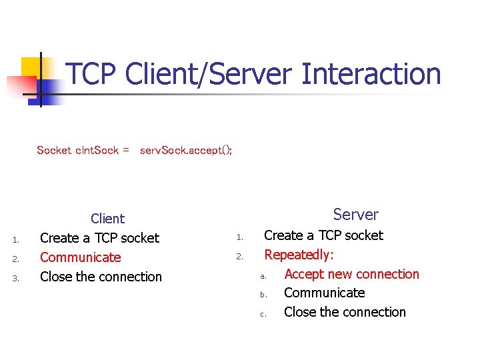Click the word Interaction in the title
point(371,74)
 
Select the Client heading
point(107,219)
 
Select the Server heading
point(355,215)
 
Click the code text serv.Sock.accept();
point(186,150)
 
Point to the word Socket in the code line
point(54,150)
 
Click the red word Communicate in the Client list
point(81,257)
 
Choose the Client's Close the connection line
point(101,277)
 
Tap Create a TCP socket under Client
point(99,238)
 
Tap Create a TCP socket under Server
point(323,235)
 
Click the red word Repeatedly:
point(299,255)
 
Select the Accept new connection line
point(351,274)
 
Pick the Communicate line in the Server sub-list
point(324,293)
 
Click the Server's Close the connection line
point(345,312)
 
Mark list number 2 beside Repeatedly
point(239,257)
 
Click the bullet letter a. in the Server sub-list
point(263,276)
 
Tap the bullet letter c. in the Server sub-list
point(263,314)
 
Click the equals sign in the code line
point(125,150)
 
